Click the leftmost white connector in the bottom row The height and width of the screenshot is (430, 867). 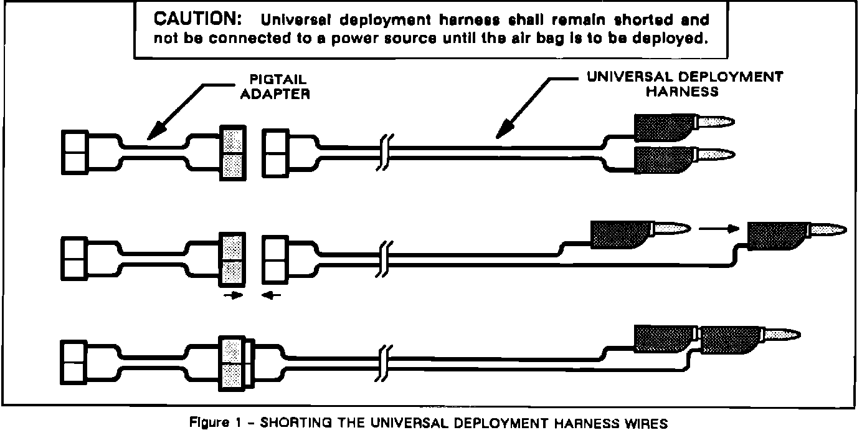(76, 363)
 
